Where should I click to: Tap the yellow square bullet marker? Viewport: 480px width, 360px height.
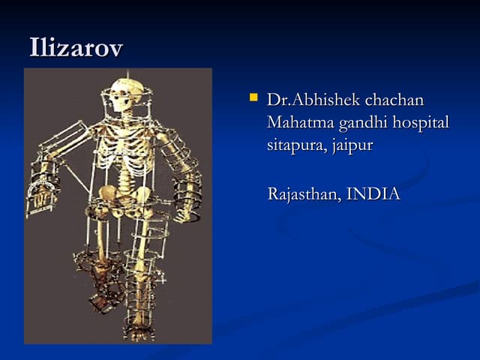(253, 97)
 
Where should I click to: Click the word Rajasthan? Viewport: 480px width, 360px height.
(303, 194)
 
